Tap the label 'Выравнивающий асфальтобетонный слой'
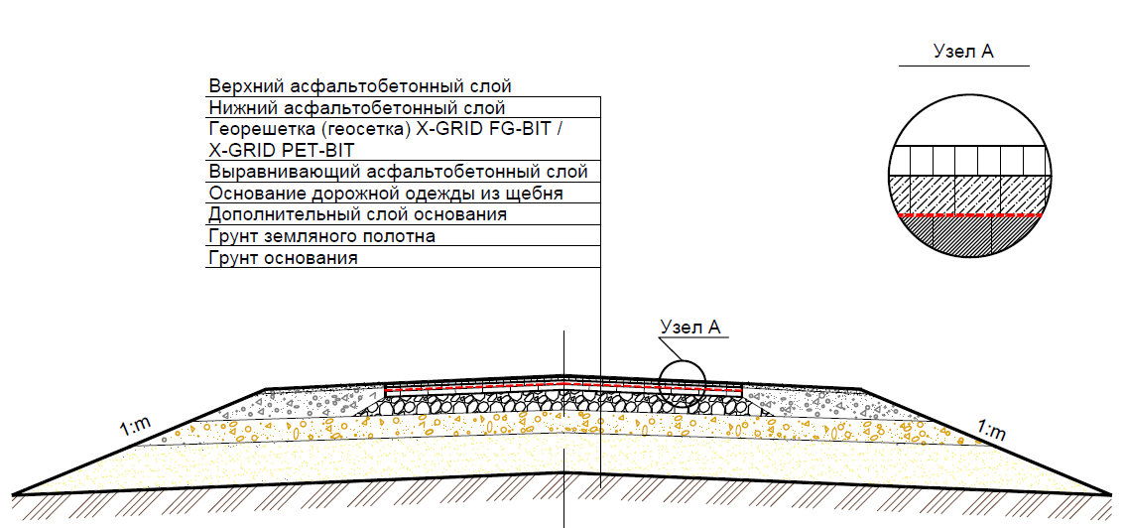(398, 172)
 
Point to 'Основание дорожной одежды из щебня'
(386, 194)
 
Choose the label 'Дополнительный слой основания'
(357, 214)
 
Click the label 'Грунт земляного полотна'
(321, 236)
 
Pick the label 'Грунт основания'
(283, 258)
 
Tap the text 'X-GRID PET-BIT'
(282, 150)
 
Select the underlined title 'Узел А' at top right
(963, 52)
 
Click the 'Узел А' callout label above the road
(689, 327)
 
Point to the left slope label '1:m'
(135, 429)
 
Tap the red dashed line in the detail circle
(967, 215)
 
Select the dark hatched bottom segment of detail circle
(967, 238)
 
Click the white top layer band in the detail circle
(967, 161)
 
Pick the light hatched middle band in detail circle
(967, 195)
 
